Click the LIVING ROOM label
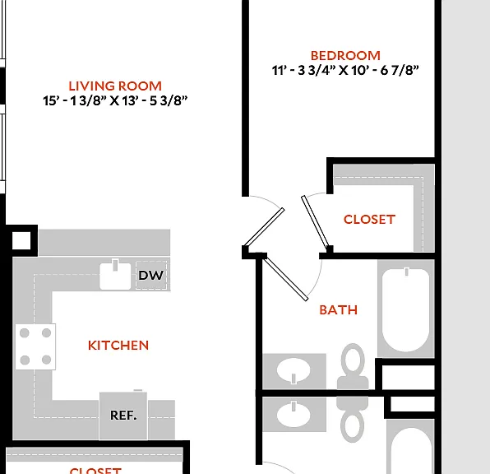(115, 86)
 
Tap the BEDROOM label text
(345, 56)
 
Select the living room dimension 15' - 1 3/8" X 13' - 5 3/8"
(115, 100)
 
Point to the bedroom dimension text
(345, 71)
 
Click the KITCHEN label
(118, 346)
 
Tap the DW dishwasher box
(151, 276)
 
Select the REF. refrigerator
(123, 416)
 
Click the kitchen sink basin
(115, 276)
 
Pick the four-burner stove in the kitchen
(35, 346)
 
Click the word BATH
(339, 310)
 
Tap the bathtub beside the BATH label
(405, 309)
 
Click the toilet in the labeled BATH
(353, 366)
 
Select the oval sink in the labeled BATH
(294, 371)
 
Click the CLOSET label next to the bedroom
(369, 220)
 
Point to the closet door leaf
(316, 222)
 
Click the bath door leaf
(285, 276)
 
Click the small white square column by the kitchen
(21, 240)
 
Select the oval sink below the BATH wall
(294, 415)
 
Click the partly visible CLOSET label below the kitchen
(95, 470)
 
